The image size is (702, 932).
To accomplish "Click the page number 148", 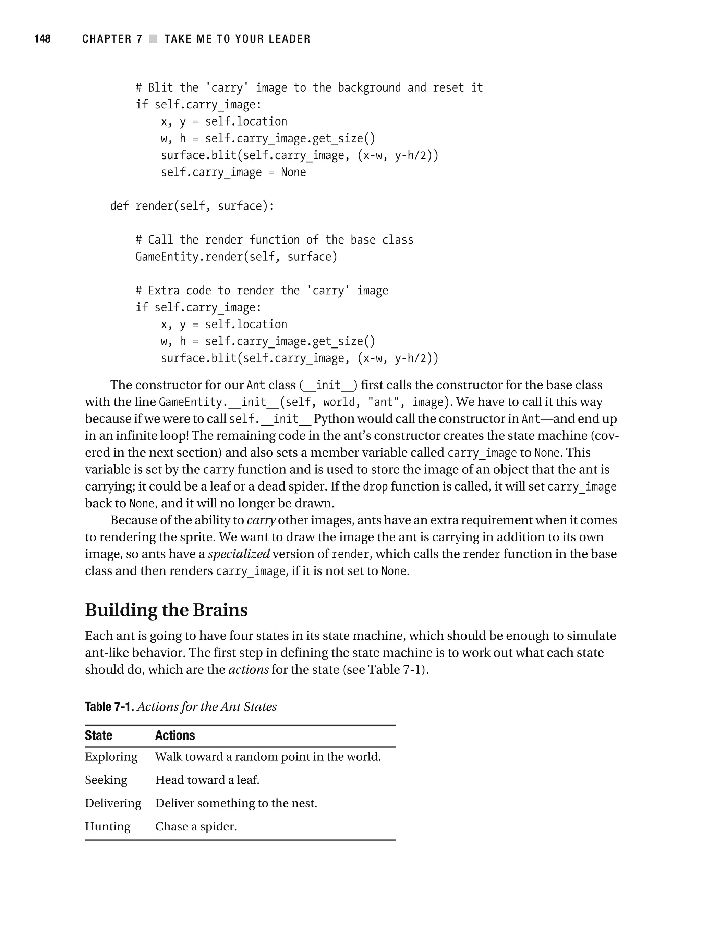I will [x=42, y=39].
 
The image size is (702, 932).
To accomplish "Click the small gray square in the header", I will [x=153, y=39].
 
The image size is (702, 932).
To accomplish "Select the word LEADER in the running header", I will [x=289, y=39].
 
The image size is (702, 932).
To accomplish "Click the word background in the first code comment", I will [x=369, y=87].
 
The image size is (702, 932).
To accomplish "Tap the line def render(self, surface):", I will [x=192, y=206].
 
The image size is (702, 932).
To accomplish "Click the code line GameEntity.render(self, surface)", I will [x=236, y=257].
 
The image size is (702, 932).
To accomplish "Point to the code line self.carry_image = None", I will [x=233, y=172].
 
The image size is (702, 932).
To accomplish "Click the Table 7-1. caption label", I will [x=109, y=707].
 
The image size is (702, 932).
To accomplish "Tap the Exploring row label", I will [x=111, y=757].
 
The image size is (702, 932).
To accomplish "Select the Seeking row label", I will [x=106, y=780].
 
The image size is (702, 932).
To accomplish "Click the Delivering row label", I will [x=113, y=803].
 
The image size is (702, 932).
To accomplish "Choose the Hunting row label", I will [x=108, y=827].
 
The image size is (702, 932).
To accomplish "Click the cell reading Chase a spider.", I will [x=196, y=827].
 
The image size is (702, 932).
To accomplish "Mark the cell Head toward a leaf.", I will [x=207, y=780].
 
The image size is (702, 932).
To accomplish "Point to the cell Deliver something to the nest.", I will [x=236, y=803].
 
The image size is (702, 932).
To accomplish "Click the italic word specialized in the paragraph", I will [x=239, y=554].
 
